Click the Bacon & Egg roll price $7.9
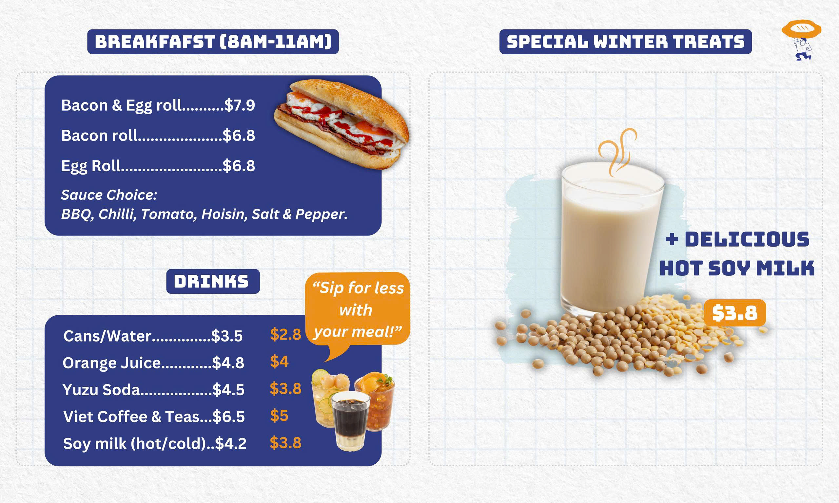pyautogui.click(x=240, y=105)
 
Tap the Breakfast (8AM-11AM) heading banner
pyautogui.click(x=213, y=42)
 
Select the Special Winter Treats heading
pyautogui.click(x=625, y=42)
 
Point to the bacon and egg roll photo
pyautogui.click(x=341, y=124)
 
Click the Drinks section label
pyautogui.click(x=213, y=281)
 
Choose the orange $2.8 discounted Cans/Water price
pyautogui.click(x=285, y=335)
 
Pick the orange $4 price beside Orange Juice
pyautogui.click(x=279, y=361)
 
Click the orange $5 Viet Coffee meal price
pyautogui.click(x=279, y=416)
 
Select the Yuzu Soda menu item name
pyautogui.click(x=101, y=390)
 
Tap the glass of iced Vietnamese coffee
pyautogui.click(x=350, y=421)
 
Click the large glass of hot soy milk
pyautogui.click(x=612, y=237)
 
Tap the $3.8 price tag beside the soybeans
pyautogui.click(x=735, y=313)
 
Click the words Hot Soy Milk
pyautogui.click(x=737, y=269)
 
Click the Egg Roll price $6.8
pyautogui.click(x=239, y=166)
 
